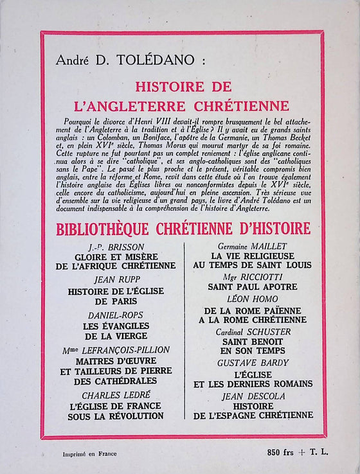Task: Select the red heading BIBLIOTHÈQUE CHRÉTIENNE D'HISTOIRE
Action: [183, 228]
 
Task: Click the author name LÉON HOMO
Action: [251, 299]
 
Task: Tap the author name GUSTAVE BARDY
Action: [251, 362]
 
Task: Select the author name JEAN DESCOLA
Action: [251, 396]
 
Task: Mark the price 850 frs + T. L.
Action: [297, 452]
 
